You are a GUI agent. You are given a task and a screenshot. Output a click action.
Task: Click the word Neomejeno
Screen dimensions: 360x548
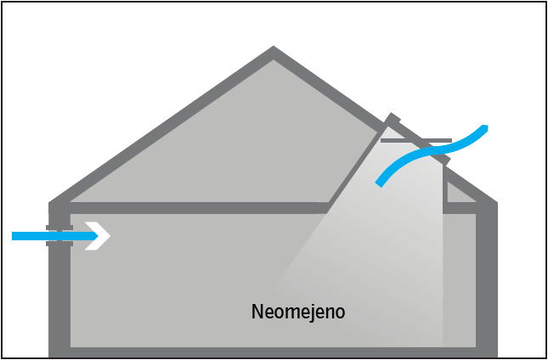(x=298, y=312)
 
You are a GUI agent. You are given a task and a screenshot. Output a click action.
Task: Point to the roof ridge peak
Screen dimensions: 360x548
(x=274, y=53)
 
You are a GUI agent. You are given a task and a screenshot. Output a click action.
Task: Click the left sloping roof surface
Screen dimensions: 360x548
(x=161, y=127)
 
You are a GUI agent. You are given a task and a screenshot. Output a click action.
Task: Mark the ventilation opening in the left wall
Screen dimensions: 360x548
(x=59, y=235)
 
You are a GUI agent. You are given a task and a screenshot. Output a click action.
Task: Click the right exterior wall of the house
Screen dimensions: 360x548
(x=486, y=280)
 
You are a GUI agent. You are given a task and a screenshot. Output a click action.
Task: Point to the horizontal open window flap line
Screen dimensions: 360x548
(x=416, y=140)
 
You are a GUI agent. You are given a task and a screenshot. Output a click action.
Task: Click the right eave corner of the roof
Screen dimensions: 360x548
(x=490, y=204)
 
